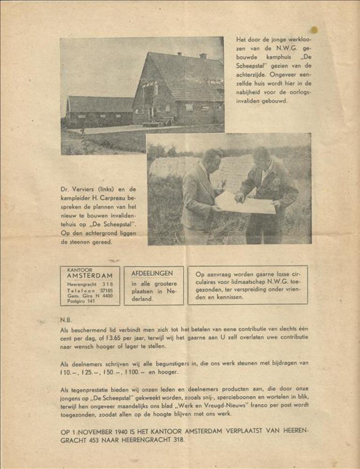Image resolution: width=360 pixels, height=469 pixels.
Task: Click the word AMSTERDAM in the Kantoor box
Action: pyautogui.click(x=90, y=276)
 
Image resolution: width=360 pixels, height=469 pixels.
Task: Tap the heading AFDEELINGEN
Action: pyautogui.click(x=152, y=273)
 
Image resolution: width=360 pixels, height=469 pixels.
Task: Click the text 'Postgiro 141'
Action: pyautogui.click(x=81, y=301)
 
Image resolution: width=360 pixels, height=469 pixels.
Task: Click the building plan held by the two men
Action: pyautogui.click(x=246, y=202)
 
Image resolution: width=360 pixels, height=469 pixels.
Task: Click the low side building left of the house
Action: pyautogui.click(x=99, y=111)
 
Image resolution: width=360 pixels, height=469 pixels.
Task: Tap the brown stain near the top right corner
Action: pyautogui.click(x=314, y=30)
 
